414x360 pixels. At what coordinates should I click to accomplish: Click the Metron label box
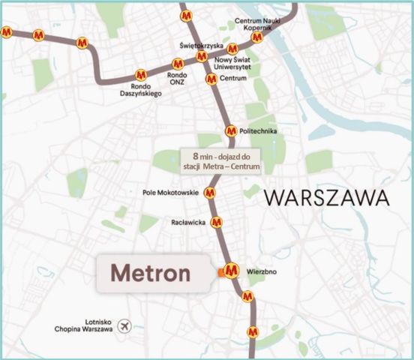(x=151, y=272)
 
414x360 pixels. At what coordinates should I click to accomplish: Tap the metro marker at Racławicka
(x=217, y=222)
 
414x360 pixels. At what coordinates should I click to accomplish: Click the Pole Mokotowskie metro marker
(x=210, y=193)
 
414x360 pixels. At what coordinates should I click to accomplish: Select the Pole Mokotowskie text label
(x=170, y=193)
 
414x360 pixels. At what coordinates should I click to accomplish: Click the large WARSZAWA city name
(x=328, y=199)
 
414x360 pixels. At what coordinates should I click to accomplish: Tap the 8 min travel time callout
(x=221, y=162)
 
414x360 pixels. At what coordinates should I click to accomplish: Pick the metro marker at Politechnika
(x=231, y=131)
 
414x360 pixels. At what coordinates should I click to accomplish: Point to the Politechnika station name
(x=259, y=132)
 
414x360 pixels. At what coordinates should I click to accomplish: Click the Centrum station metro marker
(x=211, y=79)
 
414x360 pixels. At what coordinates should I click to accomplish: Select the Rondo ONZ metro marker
(x=178, y=64)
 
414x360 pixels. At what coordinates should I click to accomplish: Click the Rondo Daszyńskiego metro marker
(x=140, y=75)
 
